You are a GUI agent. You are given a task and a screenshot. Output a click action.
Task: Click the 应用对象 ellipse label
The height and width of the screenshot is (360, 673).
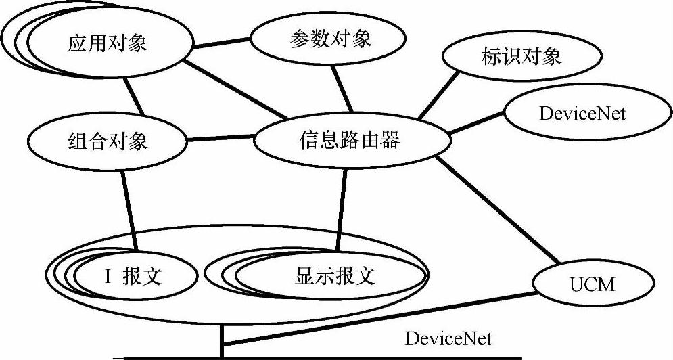[x=107, y=45]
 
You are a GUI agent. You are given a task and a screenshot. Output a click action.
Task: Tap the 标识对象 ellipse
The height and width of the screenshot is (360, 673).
[x=521, y=56]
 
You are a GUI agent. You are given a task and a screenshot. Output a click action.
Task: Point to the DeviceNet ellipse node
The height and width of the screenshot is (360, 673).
[x=582, y=113]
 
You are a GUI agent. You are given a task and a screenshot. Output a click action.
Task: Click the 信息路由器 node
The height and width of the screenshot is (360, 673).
[x=350, y=141]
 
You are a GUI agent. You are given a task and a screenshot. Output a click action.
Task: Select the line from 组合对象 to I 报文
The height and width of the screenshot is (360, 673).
[x=130, y=210]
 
